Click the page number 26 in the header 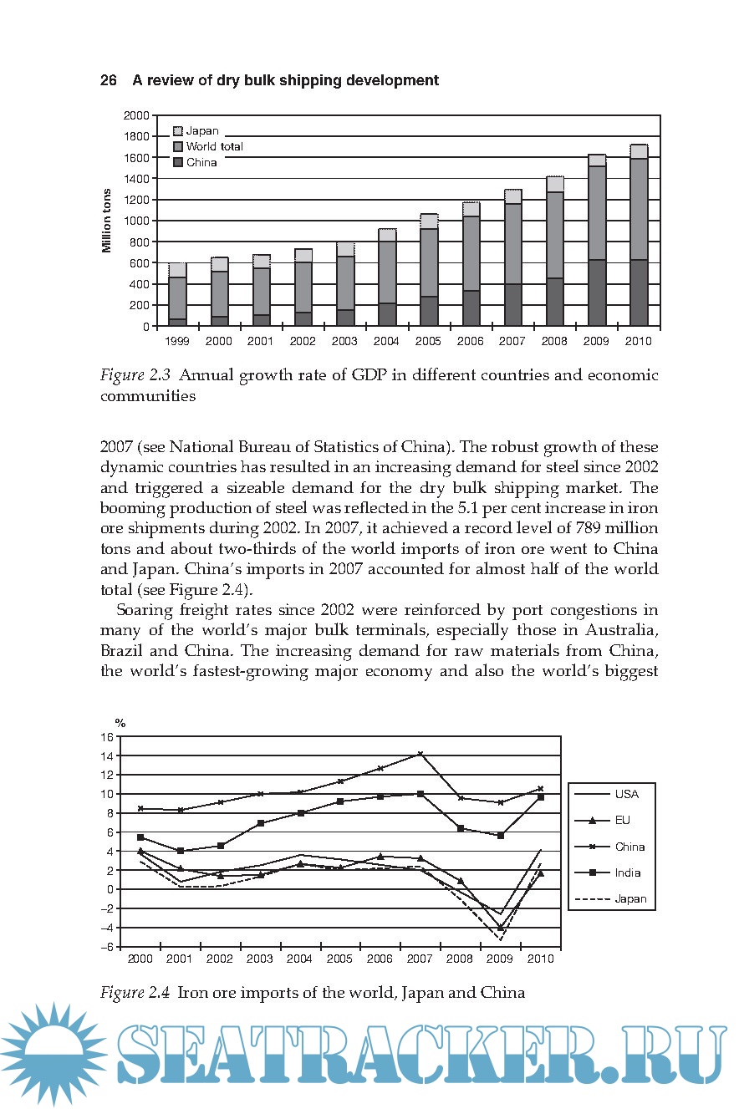coord(108,80)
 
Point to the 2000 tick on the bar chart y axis coord(136,114)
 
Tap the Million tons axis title coord(107,221)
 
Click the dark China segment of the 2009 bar coord(596,293)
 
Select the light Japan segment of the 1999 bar coord(177,270)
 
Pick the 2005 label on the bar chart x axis coord(429,341)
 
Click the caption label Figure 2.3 coord(135,375)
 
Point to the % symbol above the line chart coord(120,723)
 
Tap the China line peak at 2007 coord(420,754)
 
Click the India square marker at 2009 coord(500,836)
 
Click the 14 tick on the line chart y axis coord(106,755)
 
